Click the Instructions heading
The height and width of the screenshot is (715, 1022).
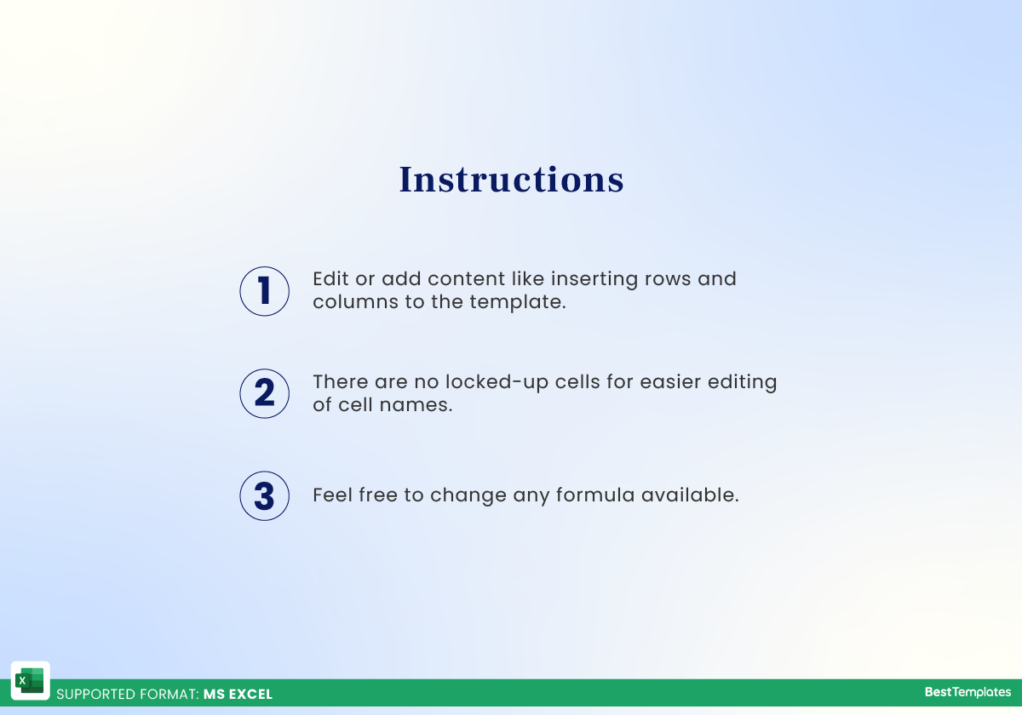pos(511,180)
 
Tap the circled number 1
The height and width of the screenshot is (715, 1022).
pos(265,291)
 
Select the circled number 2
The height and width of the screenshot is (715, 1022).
pos(265,393)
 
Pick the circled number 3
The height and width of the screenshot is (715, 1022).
pos(265,495)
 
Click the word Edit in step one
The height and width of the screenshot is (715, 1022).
pos(330,278)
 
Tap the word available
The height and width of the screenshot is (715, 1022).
pos(690,495)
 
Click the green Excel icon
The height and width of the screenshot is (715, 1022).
pos(31,681)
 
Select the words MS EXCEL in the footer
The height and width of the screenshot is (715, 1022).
pos(238,695)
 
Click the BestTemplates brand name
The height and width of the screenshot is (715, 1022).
pos(967,693)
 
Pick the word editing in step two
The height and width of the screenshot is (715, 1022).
pos(742,381)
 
